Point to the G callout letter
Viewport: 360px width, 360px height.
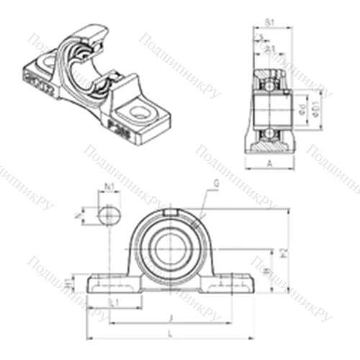(215, 184)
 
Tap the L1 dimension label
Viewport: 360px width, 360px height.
(113, 303)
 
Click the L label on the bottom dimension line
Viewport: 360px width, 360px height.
(169, 333)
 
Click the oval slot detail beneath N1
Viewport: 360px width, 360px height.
(108, 215)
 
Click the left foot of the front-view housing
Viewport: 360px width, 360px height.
(108, 283)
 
